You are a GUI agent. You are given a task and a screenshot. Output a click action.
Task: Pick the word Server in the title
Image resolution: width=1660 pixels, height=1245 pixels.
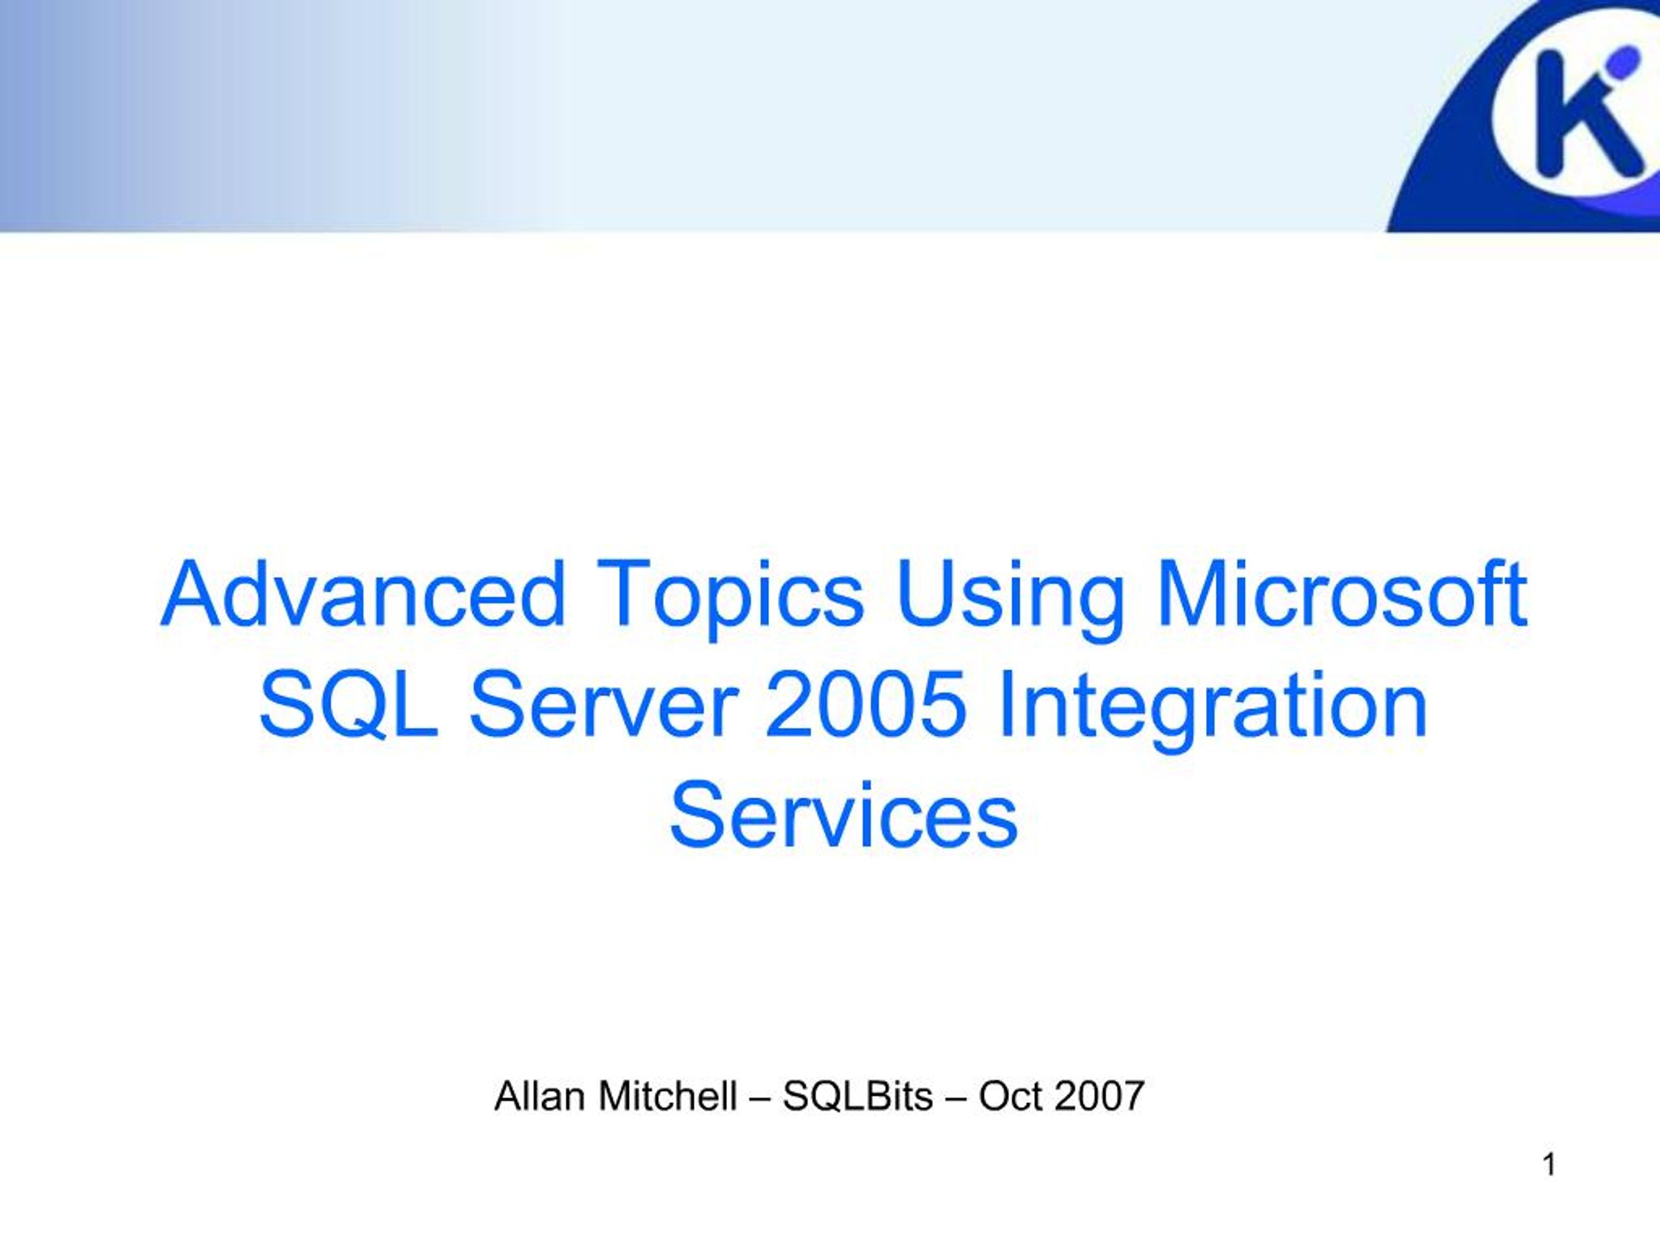point(602,706)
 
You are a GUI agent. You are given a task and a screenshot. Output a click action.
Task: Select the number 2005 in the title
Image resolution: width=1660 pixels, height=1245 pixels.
point(864,706)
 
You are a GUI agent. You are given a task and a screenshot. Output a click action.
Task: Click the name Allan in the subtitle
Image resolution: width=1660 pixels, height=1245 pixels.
point(539,1096)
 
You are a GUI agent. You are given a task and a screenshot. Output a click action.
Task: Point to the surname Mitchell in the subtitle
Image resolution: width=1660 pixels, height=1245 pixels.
point(668,1096)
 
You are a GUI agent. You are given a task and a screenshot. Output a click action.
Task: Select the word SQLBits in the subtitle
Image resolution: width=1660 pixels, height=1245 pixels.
point(858,1096)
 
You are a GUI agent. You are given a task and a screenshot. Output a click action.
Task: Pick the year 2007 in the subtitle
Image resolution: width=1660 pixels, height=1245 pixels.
point(1098,1096)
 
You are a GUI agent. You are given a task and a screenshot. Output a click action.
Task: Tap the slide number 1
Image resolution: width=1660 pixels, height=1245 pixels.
point(1549,1165)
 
